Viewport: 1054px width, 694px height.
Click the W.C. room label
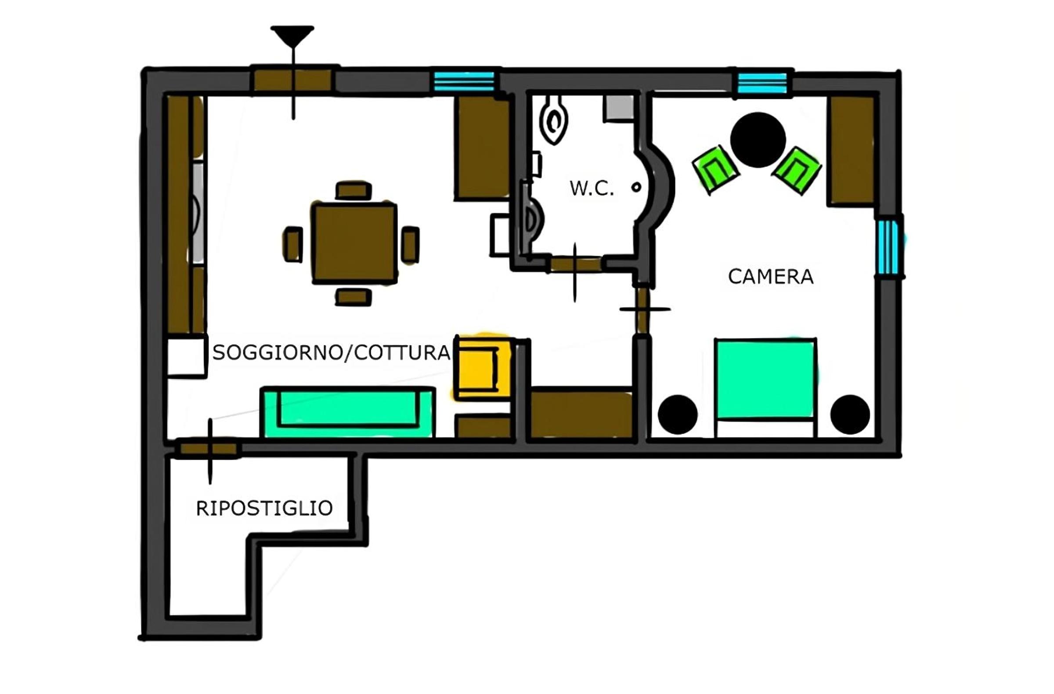(592, 189)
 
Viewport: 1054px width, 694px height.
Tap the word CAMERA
(771, 277)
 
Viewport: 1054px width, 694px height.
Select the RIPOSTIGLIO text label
(264, 509)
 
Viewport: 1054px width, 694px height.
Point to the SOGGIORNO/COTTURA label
(331, 353)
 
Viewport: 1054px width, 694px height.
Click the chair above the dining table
(354, 191)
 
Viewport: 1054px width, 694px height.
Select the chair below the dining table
(354, 297)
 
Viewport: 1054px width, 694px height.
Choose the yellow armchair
(483, 369)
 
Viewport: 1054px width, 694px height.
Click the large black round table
(758, 140)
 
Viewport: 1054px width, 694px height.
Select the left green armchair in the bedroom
(715, 169)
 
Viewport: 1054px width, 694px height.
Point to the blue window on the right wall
(888, 247)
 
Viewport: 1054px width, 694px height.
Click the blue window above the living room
(464, 82)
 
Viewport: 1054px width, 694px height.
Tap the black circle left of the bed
(678, 415)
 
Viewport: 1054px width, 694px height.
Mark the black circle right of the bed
(850, 415)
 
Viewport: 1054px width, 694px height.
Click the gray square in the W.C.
(620, 108)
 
